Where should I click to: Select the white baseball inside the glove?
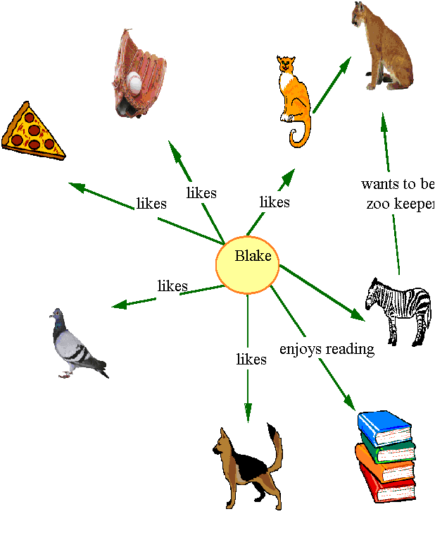[134, 83]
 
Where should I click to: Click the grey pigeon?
[76, 346]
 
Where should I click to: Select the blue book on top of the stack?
[384, 427]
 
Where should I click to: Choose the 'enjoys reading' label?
[326, 349]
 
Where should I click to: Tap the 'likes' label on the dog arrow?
[251, 360]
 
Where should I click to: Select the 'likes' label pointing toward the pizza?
[151, 204]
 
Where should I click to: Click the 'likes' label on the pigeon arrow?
[172, 286]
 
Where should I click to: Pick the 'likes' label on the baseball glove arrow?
[201, 192]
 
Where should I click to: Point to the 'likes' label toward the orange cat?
[274, 202]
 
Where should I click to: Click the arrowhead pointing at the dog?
[247, 413]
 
